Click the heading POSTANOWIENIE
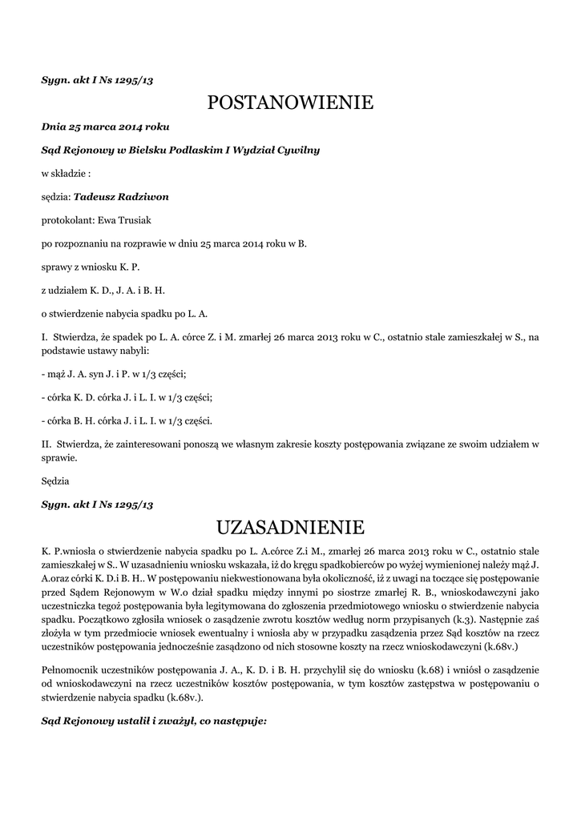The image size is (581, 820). [290, 102]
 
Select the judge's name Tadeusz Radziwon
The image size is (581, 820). [121, 196]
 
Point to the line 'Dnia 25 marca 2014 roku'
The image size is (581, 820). [105, 127]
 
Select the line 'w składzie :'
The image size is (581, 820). [66, 173]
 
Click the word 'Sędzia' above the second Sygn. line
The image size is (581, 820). [55, 481]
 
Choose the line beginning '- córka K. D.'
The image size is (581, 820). [127, 397]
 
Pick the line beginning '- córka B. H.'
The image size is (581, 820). [127, 420]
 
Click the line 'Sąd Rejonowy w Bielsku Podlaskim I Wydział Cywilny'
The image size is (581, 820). [180, 150]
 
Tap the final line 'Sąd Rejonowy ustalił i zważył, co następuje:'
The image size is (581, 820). [153, 721]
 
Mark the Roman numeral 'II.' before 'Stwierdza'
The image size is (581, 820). [46, 444]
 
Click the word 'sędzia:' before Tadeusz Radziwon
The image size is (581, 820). [56, 196]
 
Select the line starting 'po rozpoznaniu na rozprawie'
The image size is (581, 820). [174, 243]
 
